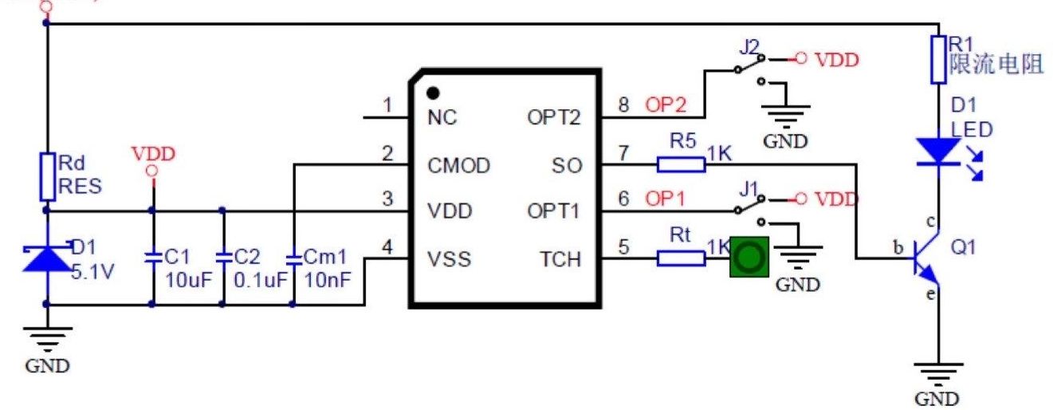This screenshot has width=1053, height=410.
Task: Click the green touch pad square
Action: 749,258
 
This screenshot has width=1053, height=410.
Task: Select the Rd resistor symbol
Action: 46,177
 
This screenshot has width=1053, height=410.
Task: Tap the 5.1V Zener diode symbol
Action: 46,258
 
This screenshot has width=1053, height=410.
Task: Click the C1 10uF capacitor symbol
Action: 152,258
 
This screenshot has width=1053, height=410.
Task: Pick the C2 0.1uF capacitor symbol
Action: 222,258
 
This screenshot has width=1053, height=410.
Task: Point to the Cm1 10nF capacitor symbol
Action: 293,258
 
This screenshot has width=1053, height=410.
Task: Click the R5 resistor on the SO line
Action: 681,165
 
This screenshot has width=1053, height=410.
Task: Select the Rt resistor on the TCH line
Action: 681,258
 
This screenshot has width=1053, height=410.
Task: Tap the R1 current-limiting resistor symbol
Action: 938,59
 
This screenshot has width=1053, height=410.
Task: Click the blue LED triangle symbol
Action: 938,152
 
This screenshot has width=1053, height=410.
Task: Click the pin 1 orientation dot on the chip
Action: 434,93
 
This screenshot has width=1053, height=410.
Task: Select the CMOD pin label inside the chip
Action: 458,166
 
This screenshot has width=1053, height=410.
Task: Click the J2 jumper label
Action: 748,45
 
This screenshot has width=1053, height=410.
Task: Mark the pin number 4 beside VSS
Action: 388,247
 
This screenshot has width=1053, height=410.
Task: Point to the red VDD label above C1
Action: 152,153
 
